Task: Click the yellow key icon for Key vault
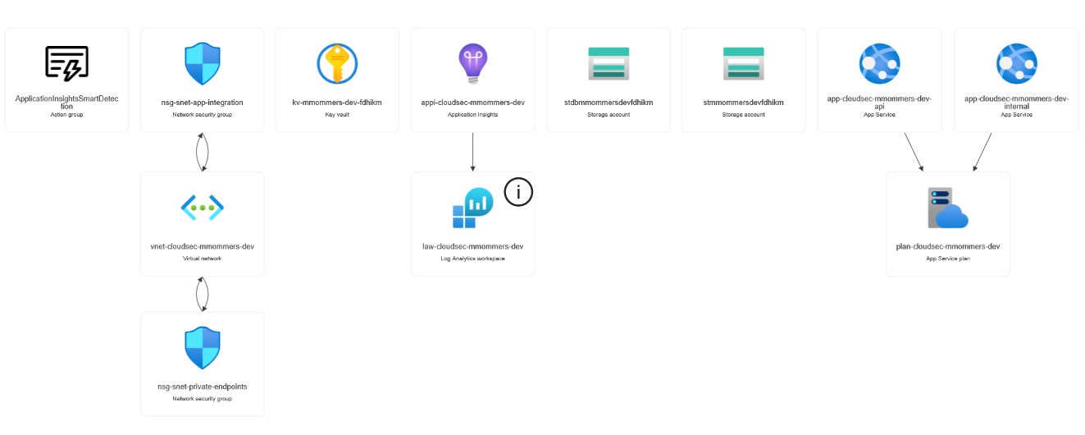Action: coord(337,63)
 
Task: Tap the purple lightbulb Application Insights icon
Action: coord(472,63)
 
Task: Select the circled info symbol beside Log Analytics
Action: coord(518,192)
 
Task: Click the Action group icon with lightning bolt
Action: coord(67,63)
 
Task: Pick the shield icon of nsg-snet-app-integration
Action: coord(203,63)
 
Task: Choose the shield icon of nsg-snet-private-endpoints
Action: coord(203,348)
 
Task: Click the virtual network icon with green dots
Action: coord(203,208)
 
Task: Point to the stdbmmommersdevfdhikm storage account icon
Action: coord(609,63)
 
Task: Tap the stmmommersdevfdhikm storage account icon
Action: coord(744,63)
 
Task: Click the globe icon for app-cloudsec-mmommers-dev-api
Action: coord(880,63)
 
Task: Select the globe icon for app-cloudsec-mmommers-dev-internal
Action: coord(1017,63)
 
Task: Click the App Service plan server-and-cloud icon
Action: coord(948,208)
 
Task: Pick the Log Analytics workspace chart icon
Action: coord(472,208)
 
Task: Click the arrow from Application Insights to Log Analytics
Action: coord(472,152)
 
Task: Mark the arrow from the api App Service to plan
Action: coord(914,152)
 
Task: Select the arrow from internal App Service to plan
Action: coord(982,152)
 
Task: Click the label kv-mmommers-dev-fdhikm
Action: coord(337,103)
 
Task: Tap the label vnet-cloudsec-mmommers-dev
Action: coord(203,246)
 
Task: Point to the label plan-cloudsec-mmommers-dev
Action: coord(948,246)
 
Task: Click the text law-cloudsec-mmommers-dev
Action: coord(472,246)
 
